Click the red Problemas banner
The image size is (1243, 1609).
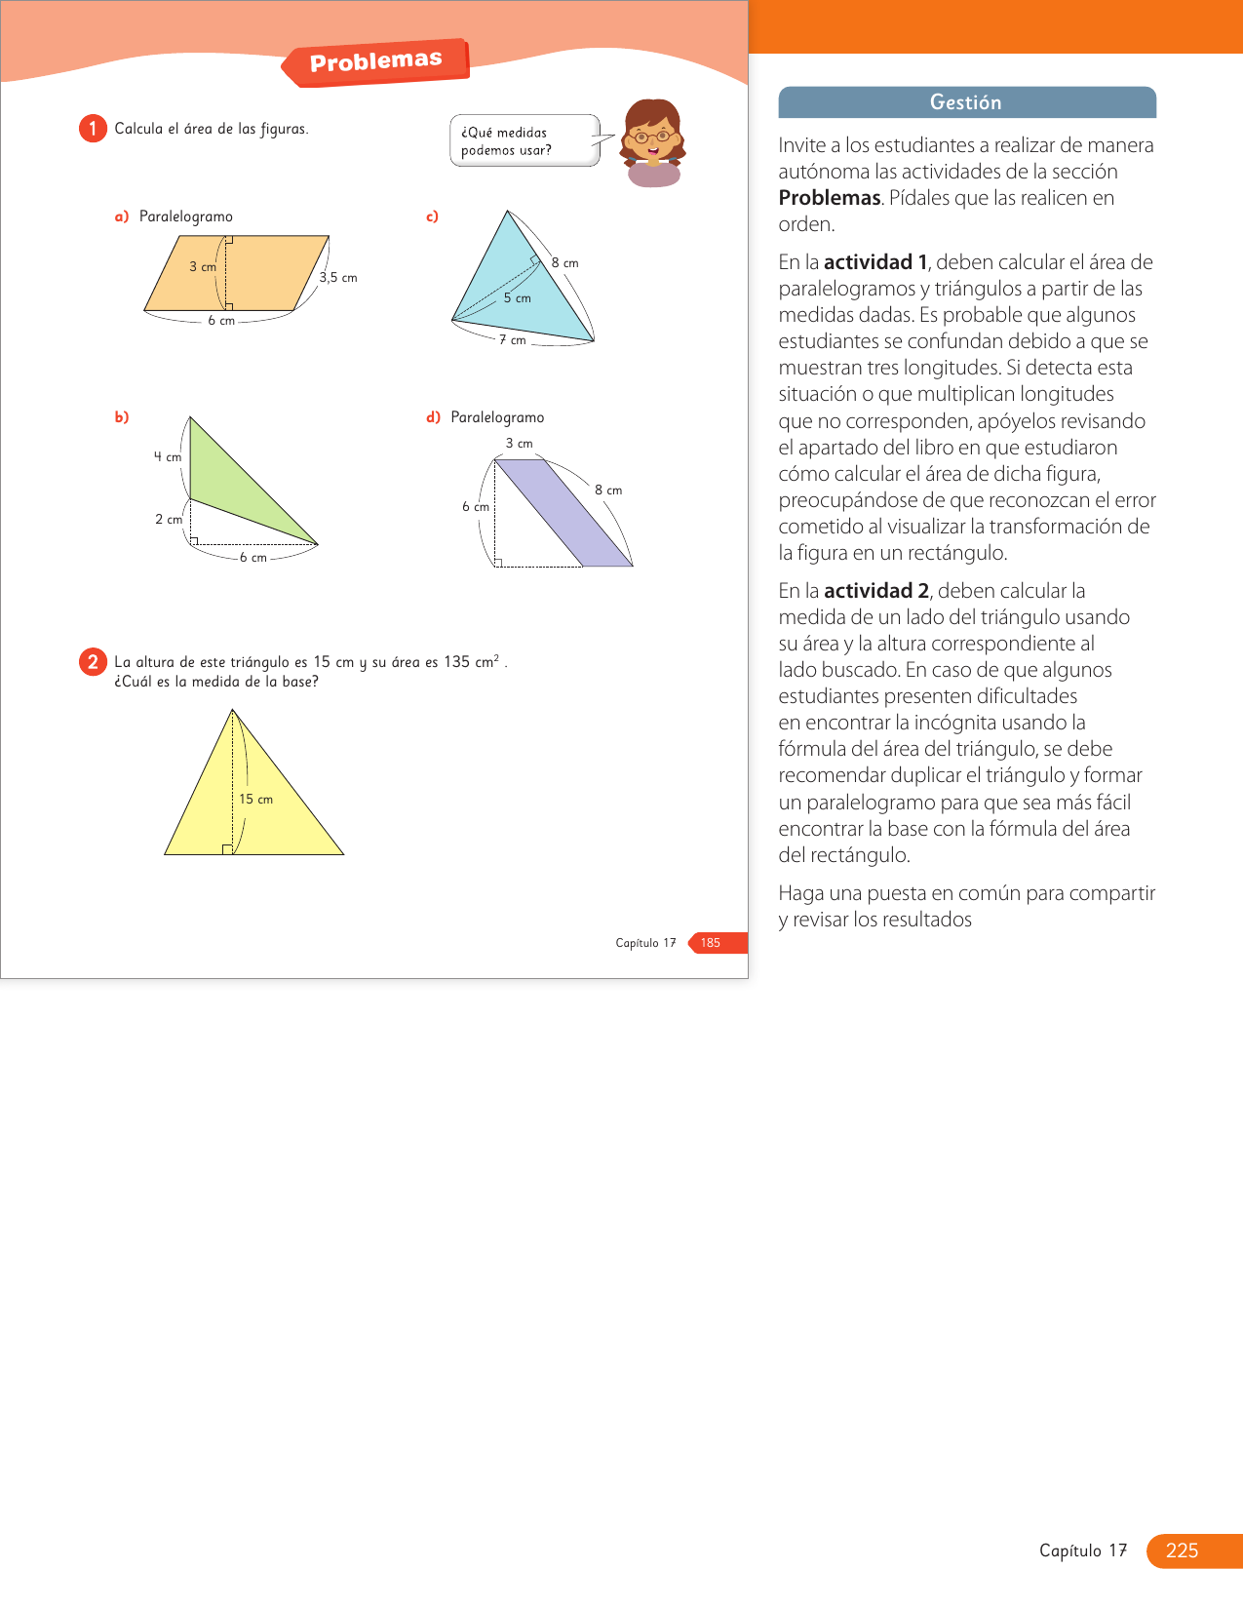click(376, 62)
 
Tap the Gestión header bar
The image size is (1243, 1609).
click(966, 102)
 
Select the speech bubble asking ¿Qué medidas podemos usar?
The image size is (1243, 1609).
click(524, 141)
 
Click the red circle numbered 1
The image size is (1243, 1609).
click(93, 129)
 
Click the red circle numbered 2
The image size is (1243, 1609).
click(93, 662)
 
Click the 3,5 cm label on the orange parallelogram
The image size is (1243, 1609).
click(338, 278)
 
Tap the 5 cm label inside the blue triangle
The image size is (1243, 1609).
click(518, 298)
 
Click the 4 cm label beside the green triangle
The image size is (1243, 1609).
click(167, 457)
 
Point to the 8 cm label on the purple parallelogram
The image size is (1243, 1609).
click(608, 491)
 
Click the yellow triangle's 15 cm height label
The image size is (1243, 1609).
click(256, 800)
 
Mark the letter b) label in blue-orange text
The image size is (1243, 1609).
click(122, 417)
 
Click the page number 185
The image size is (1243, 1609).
click(711, 943)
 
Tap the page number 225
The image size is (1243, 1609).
click(1182, 1550)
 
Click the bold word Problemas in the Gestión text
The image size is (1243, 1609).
click(830, 198)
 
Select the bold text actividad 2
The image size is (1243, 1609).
click(875, 591)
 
